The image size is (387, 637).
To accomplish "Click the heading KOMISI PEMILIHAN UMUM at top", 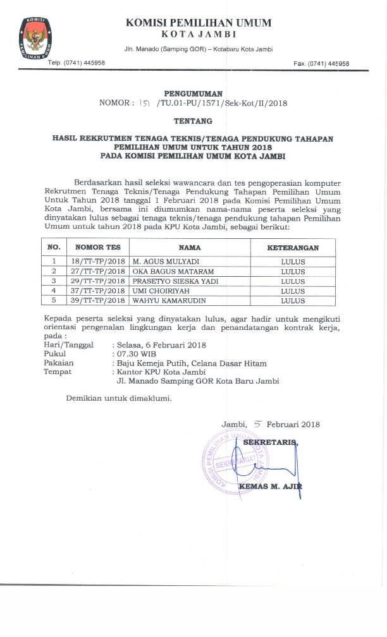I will click(198, 23).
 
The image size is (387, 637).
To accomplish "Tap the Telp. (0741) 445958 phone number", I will click(77, 63).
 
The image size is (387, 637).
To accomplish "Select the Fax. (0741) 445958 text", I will click(321, 63).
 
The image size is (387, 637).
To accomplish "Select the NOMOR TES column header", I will click(97, 248).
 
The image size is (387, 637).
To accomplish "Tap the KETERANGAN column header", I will click(292, 248).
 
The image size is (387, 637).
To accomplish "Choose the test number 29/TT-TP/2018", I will click(97, 281).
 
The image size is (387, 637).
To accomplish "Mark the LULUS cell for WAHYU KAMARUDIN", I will click(292, 300).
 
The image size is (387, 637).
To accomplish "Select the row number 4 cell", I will click(54, 291).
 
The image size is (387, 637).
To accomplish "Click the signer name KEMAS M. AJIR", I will click(271, 486).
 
